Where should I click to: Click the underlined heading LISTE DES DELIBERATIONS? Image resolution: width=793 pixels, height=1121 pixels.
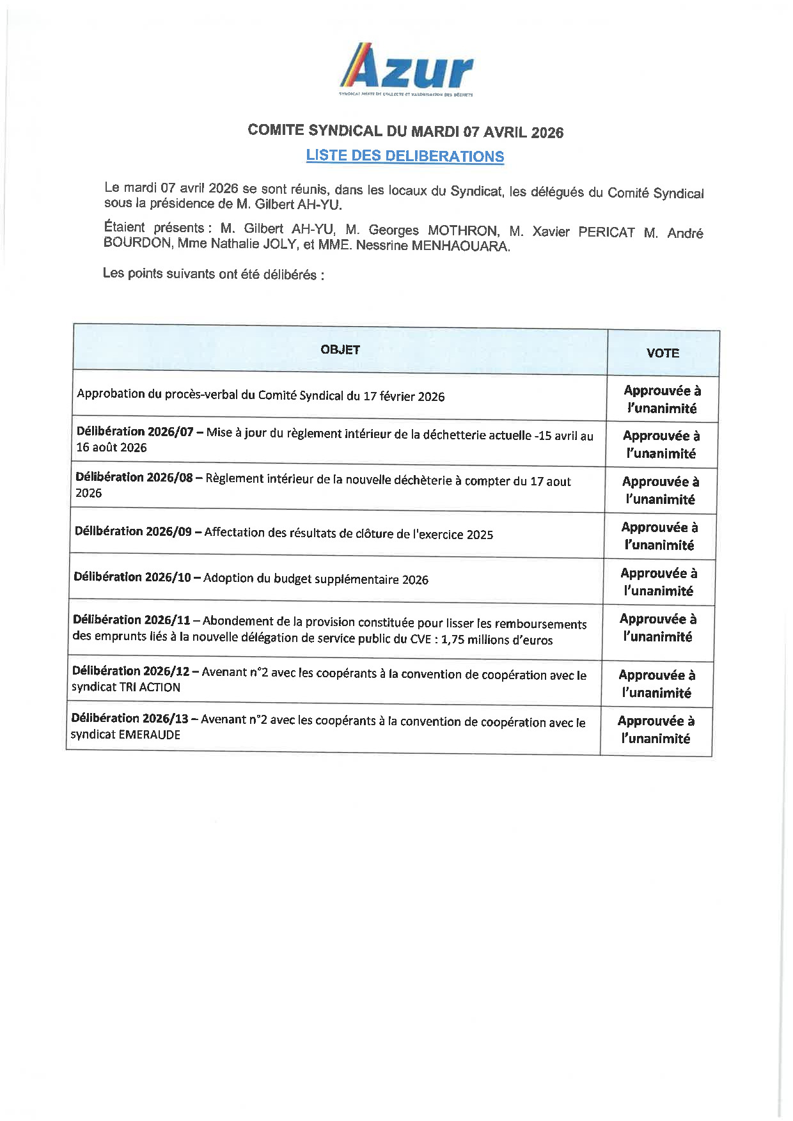pyautogui.click(x=405, y=156)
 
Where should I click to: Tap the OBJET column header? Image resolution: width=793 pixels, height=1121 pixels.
pyautogui.click(x=340, y=350)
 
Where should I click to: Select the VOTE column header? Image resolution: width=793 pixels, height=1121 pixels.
pyautogui.click(x=663, y=353)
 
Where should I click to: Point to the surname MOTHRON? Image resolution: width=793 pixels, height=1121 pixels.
pyautogui.click(x=463, y=231)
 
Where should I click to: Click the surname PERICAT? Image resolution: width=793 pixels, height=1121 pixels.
pyautogui.click(x=606, y=233)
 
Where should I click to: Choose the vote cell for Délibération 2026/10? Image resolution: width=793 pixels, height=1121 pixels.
pyautogui.click(x=659, y=582)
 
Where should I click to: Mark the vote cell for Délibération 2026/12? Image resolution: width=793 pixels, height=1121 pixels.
pyautogui.click(x=657, y=684)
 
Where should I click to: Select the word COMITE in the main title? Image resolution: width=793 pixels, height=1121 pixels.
pyautogui.click(x=276, y=130)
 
